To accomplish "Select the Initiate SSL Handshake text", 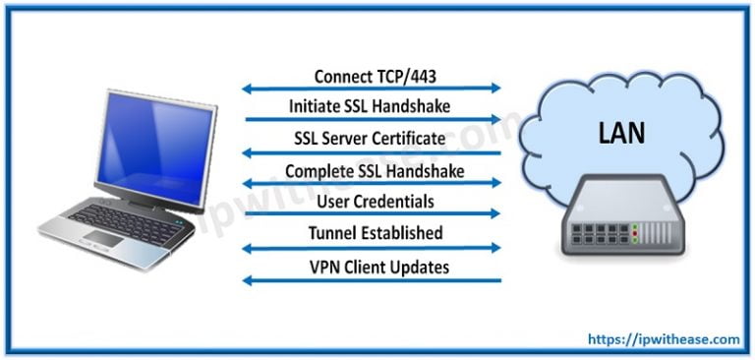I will tap(371, 106).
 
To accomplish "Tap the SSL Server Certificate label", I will tap(371, 139).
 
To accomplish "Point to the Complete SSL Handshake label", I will tap(374, 170).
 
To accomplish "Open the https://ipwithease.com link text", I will tap(665, 339).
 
